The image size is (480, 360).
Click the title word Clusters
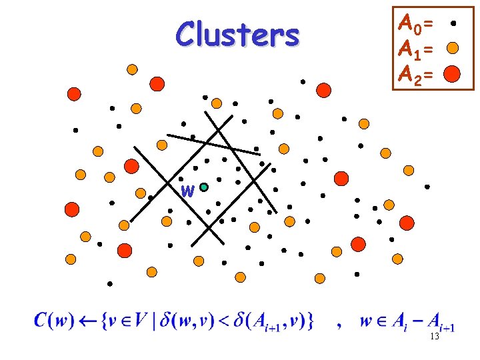[237, 35]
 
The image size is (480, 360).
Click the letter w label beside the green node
[188, 192]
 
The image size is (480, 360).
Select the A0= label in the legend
[415, 25]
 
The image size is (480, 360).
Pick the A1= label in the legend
[415, 49]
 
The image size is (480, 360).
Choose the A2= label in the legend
[415, 73]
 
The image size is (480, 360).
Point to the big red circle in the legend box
[452, 73]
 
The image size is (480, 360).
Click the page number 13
[434, 337]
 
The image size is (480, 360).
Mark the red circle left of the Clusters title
[157, 83]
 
